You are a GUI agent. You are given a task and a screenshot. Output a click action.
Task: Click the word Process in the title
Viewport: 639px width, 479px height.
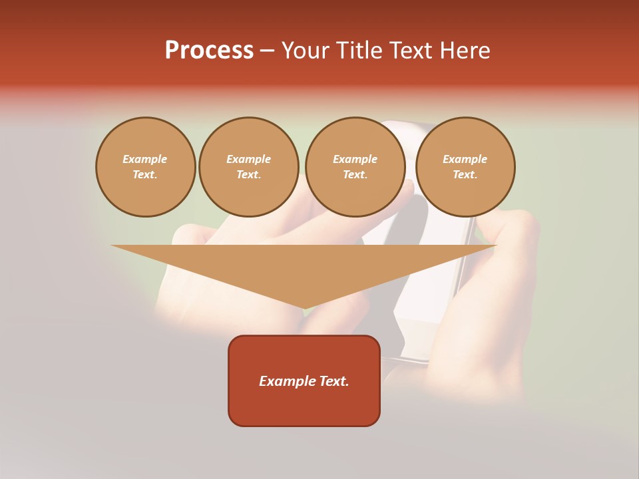[209, 51]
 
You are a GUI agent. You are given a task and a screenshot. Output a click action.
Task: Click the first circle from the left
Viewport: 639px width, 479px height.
[146, 166]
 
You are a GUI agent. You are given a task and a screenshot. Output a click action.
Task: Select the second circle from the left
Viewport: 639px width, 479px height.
[249, 166]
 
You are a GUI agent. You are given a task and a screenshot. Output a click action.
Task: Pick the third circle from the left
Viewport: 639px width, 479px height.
[355, 166]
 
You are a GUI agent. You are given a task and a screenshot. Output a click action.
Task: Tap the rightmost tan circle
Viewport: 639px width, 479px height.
[465, 166]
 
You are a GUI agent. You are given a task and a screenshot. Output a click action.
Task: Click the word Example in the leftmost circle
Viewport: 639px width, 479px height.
[145, 159]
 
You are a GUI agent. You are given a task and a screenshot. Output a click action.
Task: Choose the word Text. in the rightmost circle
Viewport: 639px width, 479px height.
[465, 174]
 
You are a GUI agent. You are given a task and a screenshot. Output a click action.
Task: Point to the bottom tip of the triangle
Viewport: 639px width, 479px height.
[304, 307]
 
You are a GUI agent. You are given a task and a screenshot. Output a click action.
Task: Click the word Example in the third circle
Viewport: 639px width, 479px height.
[355, 159]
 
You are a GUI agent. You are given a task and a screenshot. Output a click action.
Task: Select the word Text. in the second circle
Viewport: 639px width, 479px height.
[249, 174]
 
